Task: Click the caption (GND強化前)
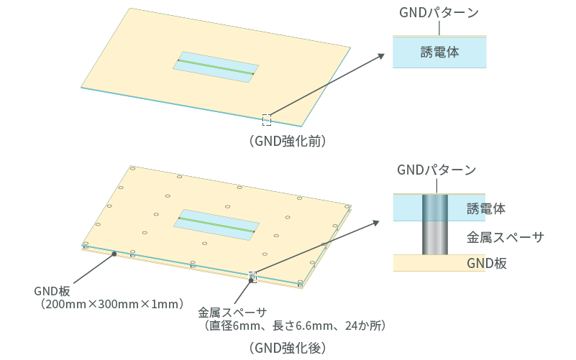(x=288, y=142)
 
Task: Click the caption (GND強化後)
(x=288, y=348)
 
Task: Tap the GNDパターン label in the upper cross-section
(x=439, y=13)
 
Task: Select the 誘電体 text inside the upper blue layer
(x=439, y=52)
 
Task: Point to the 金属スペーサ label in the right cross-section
(x=505, y=236)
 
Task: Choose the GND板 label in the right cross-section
(x=487, y=263)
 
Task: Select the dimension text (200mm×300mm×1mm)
(x=112, y=305)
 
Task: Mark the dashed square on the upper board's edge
(x=267, y=119)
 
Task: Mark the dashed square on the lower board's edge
(x=252, y=277)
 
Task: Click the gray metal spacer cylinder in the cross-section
(x=434, y=237)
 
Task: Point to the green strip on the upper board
(x=216, y=67)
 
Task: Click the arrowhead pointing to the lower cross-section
(x=377, y=223)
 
